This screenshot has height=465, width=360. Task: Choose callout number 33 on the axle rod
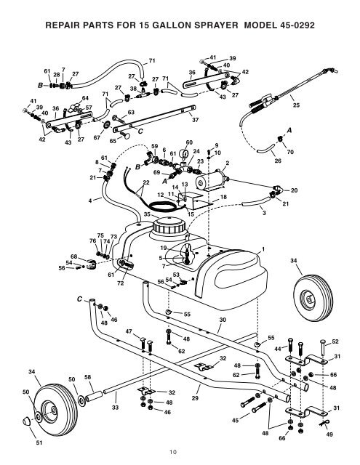click(x=114, y=408)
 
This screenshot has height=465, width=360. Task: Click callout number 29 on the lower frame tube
click(x=194, y=399)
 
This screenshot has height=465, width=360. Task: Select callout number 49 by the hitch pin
click(x=329, y=434)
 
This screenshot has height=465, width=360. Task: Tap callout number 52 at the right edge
click(x=334, y=341)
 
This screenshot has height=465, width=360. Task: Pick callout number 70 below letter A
click(x=289, y=152)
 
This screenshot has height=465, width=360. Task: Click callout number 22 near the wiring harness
click(x=146, y=182)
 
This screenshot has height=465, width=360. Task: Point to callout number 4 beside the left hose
click(x=90, y=200)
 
